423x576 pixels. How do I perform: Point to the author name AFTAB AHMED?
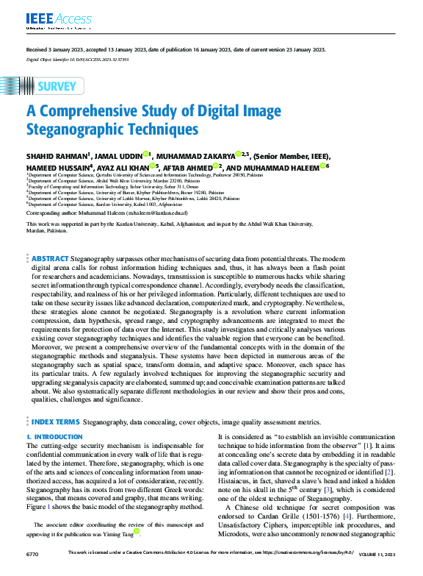pyautogui.click(x=189, y=167)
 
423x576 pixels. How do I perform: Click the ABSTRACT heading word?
pyautogui.click(x=50, y=259)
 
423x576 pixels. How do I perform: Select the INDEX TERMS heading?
pyautogui.click(x=54, y=422)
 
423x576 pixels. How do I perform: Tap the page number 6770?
pyautogui.click(x=32, y=571)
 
